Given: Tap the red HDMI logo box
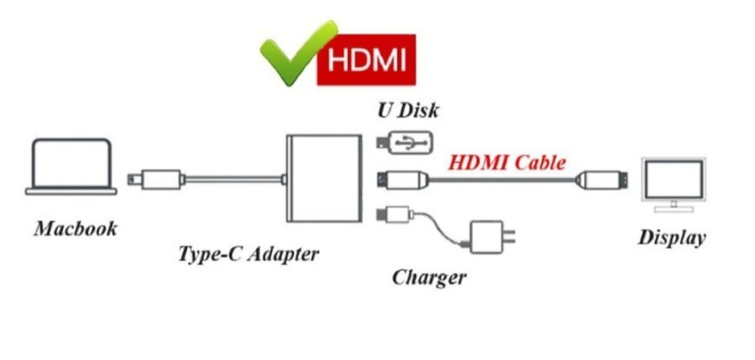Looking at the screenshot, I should pyautogui.click(x=367, y=60).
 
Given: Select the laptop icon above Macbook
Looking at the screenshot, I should pyautogui.click(x=70, y=167).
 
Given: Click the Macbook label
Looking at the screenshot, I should pyautogui.click(x=75, y=229).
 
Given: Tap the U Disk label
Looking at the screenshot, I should pyautogui.click(x=407, y=110).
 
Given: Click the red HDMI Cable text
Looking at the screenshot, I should pyautogui.click(x=507, y=161).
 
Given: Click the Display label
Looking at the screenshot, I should pyautogui.click(x=672, y=237).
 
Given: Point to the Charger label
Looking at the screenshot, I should pyautogui.click(x=429, y=276).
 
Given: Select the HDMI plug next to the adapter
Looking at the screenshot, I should pyautogui.click(x=404, y=179).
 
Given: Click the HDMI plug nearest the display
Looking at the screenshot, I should pyautogui.click(x=601, y=179).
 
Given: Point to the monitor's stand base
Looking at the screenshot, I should pyautogui.click(x=673, y=207).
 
